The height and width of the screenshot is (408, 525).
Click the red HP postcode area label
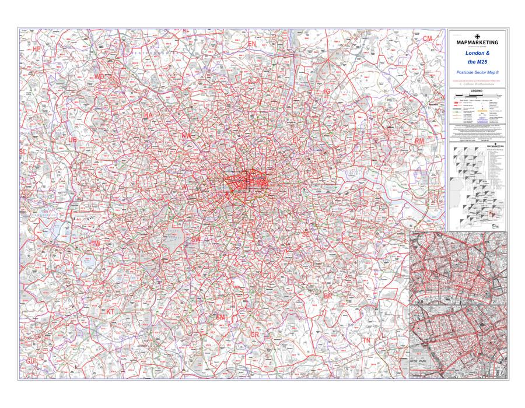(x=37, y=49)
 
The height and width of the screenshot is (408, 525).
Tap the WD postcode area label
(x=100, y=76)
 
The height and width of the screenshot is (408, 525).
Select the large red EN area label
(x=252, y=44)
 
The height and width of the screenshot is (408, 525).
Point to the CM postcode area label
(x=428, y=38)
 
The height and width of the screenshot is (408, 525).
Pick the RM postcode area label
(x=419, y=142)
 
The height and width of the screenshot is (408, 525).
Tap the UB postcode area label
(x=72, y=140)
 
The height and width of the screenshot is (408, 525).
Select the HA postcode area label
(x=148, y=115)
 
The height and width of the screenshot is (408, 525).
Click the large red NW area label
(x=187, y=135)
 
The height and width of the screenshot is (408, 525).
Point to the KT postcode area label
(x=110, y=312)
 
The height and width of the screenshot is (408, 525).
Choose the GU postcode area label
(x=30, y=361)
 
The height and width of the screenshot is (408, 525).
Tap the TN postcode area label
(x=366, y=340)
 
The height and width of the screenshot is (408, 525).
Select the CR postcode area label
(x=255, y=335)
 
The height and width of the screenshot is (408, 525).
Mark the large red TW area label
(x=97, y=242)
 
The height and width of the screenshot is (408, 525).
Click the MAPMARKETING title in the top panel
(x=477, y=43)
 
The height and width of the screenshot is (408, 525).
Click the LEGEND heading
(x=477, y=92)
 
